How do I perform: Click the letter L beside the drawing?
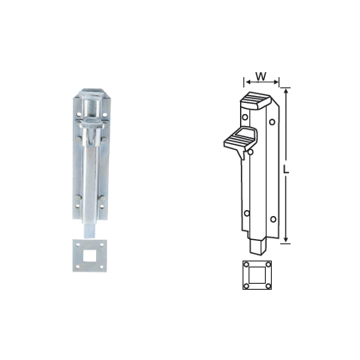point(294,169)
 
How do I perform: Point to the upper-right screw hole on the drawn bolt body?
point(273,123)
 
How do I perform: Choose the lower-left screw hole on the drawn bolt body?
point(246,213)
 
